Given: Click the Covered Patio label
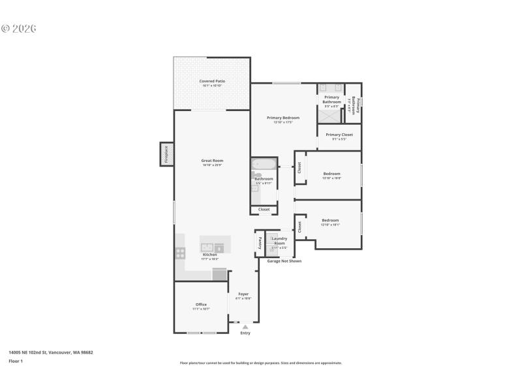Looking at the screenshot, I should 212,81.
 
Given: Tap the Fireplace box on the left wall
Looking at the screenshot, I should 166,154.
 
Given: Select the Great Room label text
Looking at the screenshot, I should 213,161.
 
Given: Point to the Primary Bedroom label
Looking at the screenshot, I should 283,118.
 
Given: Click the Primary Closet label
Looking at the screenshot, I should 339,135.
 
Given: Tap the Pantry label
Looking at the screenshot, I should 259,243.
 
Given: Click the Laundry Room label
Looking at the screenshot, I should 279,240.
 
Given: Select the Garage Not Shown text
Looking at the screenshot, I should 284,261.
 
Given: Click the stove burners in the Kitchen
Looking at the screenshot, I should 180,253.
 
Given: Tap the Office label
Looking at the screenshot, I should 201,304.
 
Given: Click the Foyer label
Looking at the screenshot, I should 243,294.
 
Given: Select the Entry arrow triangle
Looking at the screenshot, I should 245,327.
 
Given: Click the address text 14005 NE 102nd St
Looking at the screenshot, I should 50,352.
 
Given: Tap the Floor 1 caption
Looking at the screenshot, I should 15,361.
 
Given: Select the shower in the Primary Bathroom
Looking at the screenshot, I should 331,115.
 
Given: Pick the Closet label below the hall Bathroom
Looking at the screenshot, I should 264,210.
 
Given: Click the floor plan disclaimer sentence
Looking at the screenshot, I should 261,363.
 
